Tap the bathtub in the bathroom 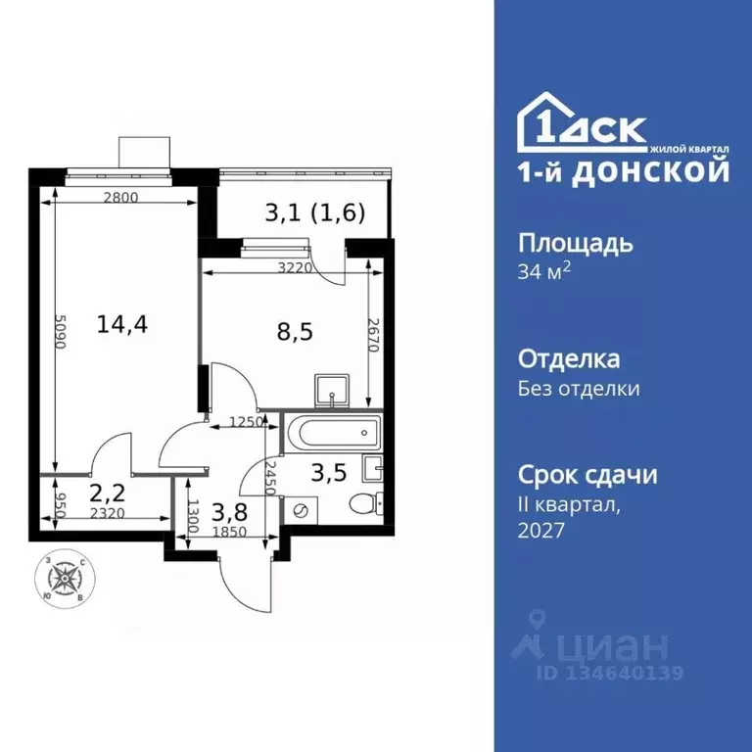point(330,431)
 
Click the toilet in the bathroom point(366,503)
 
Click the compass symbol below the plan point(69,579)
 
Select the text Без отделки point(579,389)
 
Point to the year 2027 point(541,530)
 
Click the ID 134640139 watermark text point(608,673)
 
